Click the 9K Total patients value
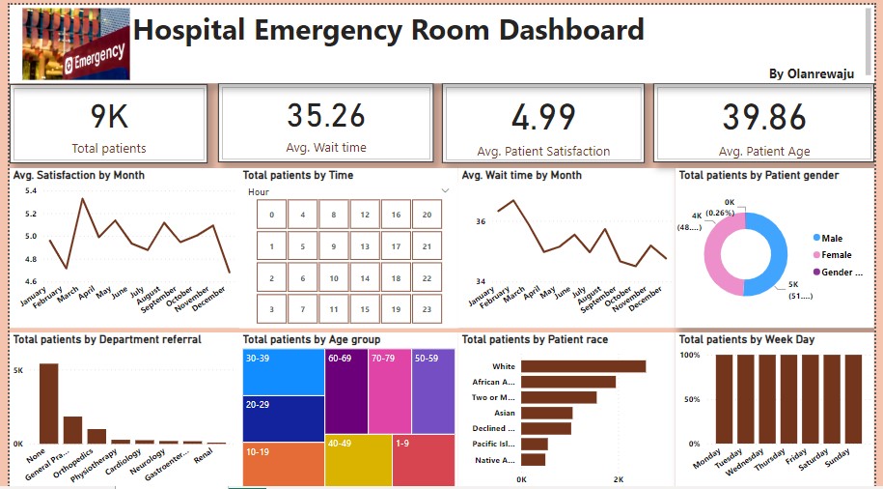[109, 117]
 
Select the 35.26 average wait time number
[326, 116]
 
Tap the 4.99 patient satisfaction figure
[543, 118]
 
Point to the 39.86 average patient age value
[764, 118]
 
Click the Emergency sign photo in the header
[75, 44]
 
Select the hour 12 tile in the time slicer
[365, 216]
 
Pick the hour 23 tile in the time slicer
[427, 309]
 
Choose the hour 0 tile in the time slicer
[272, 216]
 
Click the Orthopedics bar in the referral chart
[97, 436]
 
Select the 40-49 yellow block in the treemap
[358, 461]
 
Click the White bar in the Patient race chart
[583, 366]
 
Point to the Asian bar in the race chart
[546, 413]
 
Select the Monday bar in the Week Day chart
[726, 398]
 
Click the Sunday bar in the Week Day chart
[852, 398]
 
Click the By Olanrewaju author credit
[811, 74]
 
